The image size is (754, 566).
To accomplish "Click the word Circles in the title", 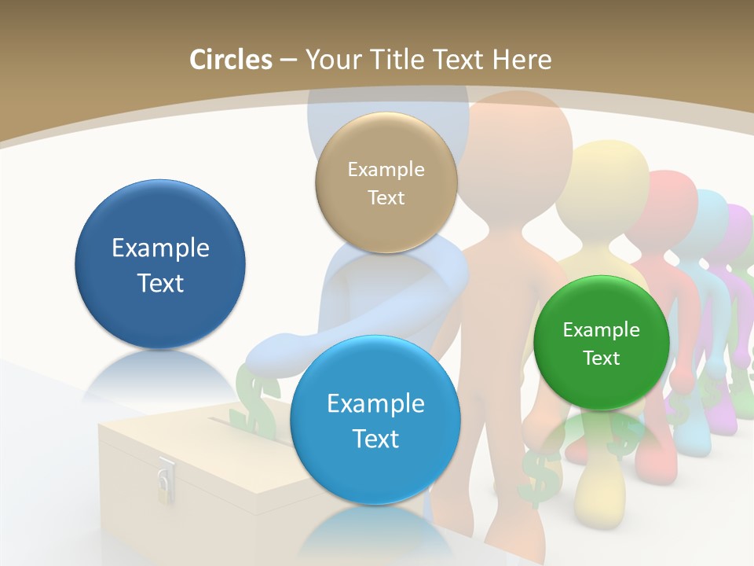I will coord(230,60).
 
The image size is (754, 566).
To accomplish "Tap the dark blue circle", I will coord(160,264).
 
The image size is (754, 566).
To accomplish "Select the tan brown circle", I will coord(386,182).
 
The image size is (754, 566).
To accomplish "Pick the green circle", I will coord(601,343).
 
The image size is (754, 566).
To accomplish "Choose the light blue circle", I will coord(375,420).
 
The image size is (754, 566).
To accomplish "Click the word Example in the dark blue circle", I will coord(160,248).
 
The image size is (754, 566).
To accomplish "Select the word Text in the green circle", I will coord(602,358).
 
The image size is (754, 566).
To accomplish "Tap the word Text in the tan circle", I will coord(386,198).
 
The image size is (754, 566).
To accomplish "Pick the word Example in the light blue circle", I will coord(375,404).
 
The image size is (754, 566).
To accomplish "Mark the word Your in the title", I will coord(330,60).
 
